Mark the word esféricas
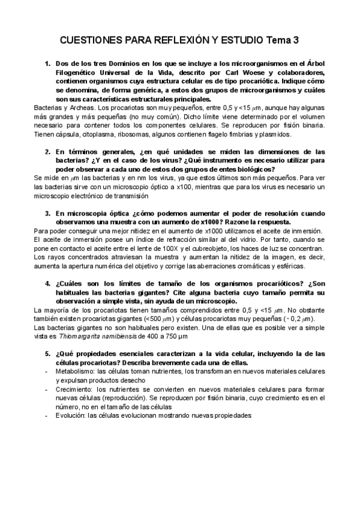pyautogui.click(x=289, y=266)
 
